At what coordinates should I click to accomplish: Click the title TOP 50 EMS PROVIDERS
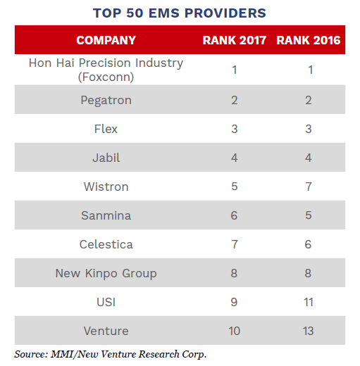point(180,13)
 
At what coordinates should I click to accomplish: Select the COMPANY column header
point(106,40)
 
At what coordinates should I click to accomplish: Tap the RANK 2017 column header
point(235,40)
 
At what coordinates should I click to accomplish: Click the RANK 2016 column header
point(308,40)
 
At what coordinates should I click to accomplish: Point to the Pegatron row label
point(106,100)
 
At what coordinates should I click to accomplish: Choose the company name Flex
point(106,129)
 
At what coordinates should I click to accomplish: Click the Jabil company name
point(106,158)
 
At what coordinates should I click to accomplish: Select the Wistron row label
point(106,187)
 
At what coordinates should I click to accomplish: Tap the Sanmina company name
point(106,215)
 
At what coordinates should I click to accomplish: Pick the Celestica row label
point(106,244)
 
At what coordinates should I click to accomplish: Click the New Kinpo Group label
point(106,273)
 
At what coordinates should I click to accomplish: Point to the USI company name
point(106,302)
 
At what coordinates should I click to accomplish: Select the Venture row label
point(106,331)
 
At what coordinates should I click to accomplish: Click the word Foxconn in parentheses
point(106,77)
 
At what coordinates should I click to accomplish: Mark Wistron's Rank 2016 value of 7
point(308,187)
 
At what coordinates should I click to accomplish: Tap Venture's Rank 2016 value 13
point(308,331)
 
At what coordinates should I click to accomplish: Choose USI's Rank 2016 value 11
point(308,302)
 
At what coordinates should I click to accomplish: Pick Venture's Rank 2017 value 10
point(235,331)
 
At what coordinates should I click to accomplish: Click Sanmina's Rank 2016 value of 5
point(308,215)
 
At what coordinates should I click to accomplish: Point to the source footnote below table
point(111,353)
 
